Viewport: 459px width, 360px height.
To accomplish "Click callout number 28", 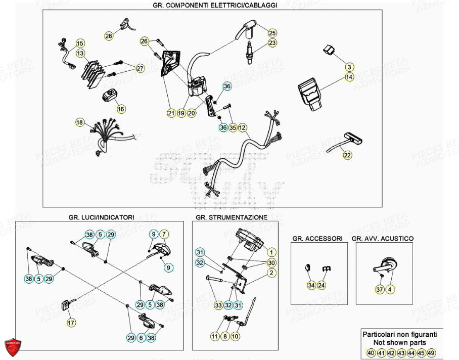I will click(109, 36).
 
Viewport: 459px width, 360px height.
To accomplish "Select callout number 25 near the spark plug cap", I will click(272, 33).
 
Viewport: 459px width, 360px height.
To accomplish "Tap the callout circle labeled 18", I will click(80, 122).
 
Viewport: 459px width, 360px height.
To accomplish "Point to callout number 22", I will click(347, 156).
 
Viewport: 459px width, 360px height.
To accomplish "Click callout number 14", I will click(349, 77).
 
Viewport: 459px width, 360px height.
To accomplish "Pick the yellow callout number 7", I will click(164, 234).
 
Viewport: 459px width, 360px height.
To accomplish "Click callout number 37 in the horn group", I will click(380, 290).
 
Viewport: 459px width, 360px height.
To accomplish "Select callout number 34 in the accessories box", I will click(311, 286).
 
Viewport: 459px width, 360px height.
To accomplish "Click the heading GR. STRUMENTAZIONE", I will click(231, 217).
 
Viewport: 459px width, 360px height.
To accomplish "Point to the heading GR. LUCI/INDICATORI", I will click(101, 217).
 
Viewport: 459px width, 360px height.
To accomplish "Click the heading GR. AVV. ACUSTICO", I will click(382, 238).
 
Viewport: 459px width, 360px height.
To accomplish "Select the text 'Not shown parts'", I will click(400, 342).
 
